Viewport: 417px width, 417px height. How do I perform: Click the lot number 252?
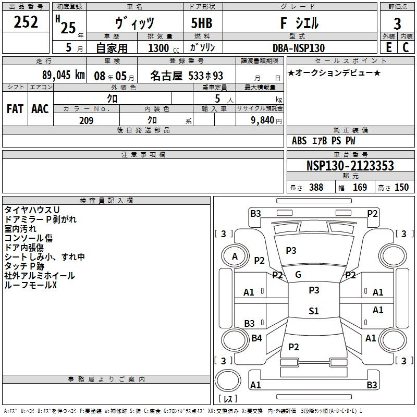(26, 22)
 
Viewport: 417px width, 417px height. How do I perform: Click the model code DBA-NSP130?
(299, 48)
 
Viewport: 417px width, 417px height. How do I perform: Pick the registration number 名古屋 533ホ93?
(187, 75)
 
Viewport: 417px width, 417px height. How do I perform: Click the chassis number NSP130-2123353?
(350, 166)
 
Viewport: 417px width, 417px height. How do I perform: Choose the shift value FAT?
(15, 109)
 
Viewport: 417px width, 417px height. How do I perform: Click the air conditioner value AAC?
(40, 109)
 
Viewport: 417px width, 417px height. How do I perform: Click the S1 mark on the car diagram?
(314, 311)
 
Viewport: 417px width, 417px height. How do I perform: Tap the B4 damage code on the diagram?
(256, 338)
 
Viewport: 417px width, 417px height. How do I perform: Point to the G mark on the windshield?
(298, 275)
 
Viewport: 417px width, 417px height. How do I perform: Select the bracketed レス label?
(228, 399)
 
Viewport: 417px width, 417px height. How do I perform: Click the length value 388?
(316, 188)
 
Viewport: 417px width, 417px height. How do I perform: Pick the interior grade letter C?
(406, 47)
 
